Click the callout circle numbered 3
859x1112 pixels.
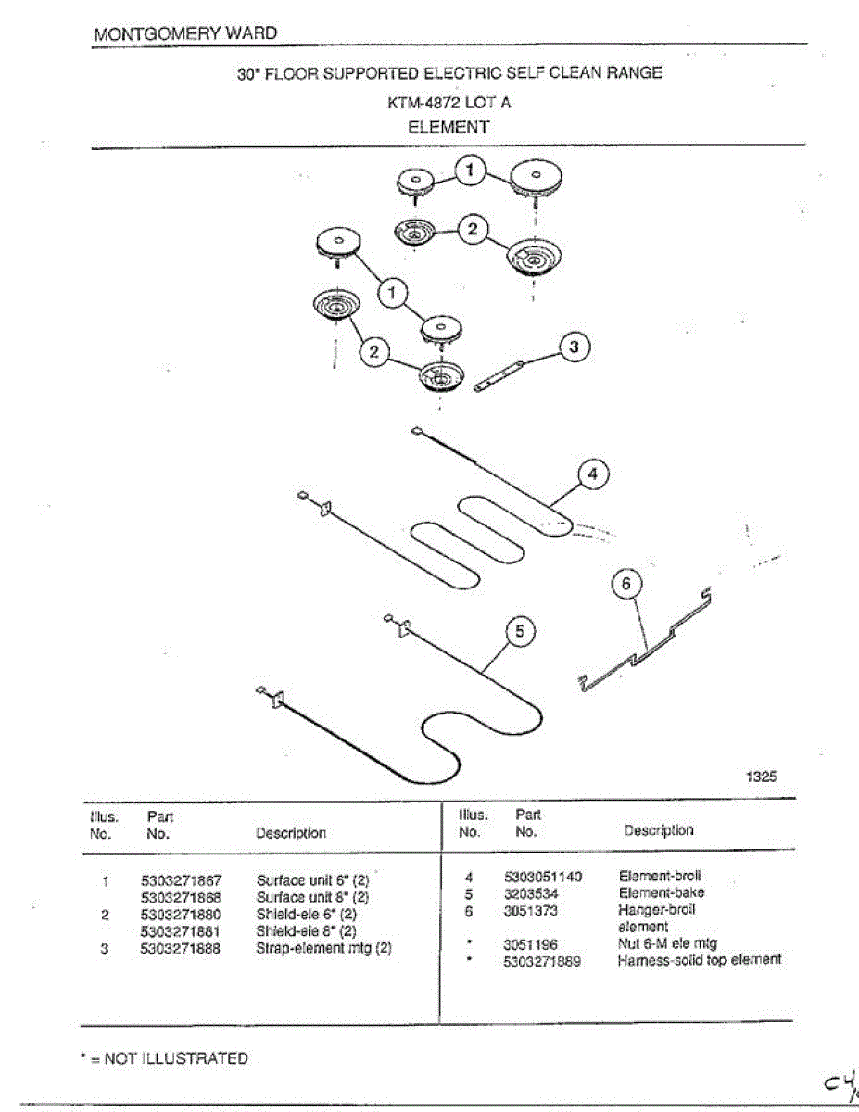pos(575,347)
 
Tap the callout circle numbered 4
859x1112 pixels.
pos(593,474)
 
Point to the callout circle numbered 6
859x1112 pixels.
pos(627,584)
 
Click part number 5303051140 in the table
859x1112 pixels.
pos(543,877)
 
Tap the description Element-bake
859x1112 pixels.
pos(661,893)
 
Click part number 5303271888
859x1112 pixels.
pos(181,948)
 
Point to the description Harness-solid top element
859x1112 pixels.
pos(699,960)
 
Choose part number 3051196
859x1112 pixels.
pos(530,944)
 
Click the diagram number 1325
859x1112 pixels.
pos(761,777)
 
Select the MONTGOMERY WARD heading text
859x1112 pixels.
pos(185,33)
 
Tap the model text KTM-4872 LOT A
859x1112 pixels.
pos(448,103)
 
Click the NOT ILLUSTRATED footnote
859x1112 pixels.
pos(164,1058)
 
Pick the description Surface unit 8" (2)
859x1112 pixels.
pos(312,897)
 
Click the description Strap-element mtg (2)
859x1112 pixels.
pos(323,948)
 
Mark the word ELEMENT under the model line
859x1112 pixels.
pos(448,127)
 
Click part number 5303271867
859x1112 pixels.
pos(181,880)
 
